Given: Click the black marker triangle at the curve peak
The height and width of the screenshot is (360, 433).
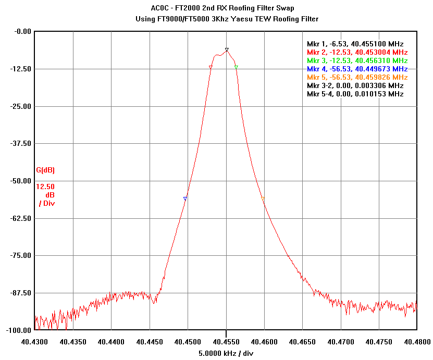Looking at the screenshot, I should click(227, 49).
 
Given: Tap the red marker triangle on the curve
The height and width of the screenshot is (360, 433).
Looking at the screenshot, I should click(211, 67).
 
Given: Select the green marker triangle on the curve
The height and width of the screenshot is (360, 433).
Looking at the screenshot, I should click(236, 67).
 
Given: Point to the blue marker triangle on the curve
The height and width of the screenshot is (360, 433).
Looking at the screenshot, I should click(185, 198).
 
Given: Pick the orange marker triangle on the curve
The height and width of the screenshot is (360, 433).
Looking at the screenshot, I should click(263, 198).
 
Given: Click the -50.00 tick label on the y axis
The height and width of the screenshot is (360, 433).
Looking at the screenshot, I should click(20, 181).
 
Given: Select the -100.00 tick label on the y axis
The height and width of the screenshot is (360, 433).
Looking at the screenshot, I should click(18, 330).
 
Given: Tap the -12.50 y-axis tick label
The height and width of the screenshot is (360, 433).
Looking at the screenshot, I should click(20, 68).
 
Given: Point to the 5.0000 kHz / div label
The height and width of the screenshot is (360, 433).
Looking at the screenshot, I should click(226, 353).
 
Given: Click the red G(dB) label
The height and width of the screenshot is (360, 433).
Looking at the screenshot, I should click(45, 170).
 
